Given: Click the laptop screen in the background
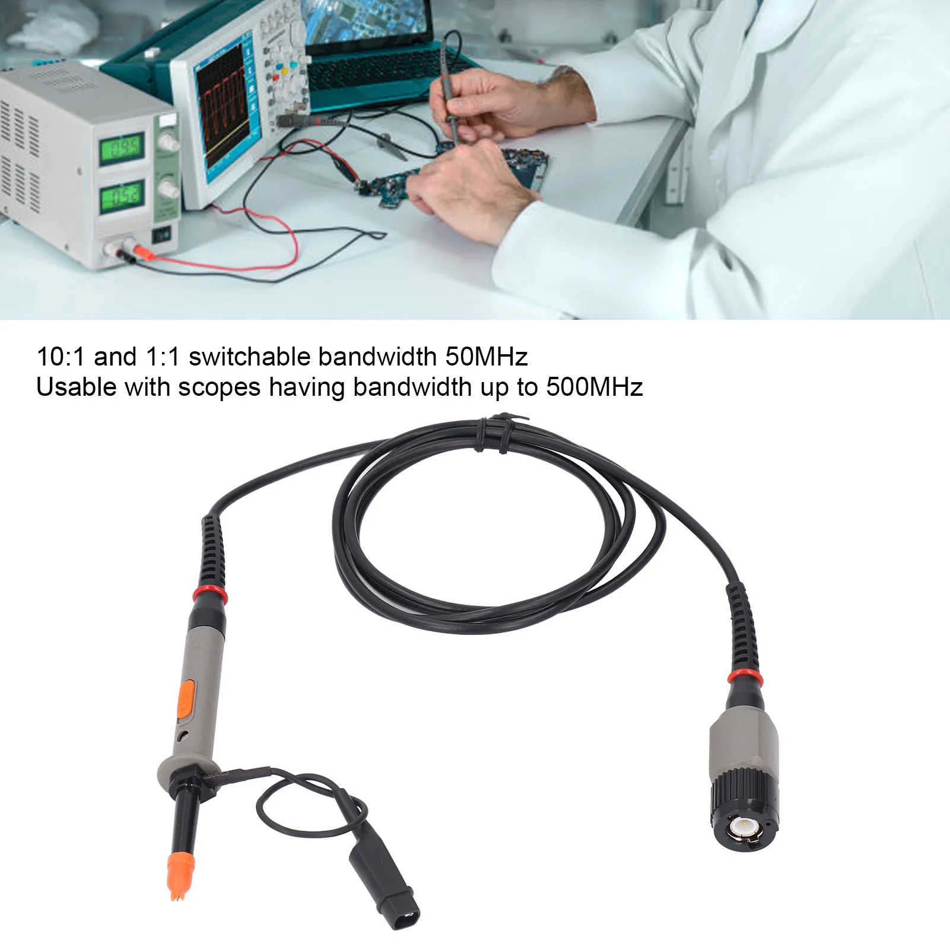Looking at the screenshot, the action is click(x=364, y=21).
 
